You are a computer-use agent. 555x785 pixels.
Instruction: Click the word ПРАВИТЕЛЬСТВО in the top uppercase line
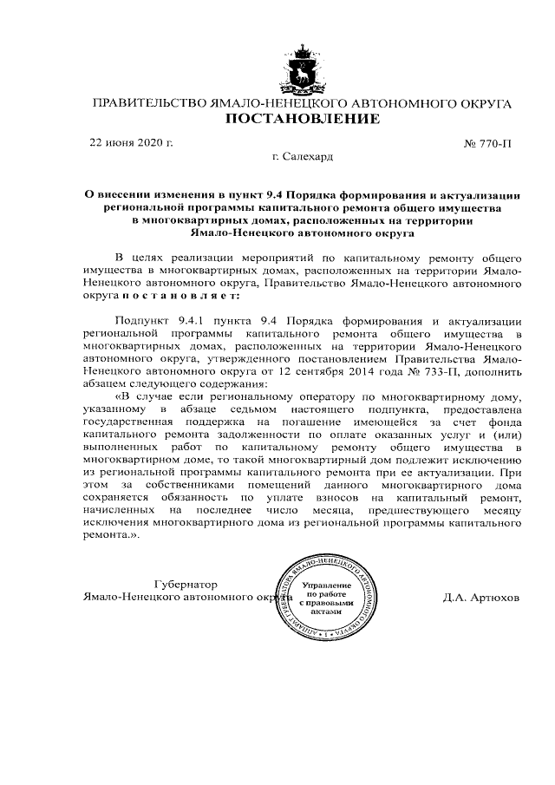148,103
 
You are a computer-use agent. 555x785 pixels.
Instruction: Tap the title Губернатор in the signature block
185,584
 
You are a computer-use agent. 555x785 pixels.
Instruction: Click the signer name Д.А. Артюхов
481,598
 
